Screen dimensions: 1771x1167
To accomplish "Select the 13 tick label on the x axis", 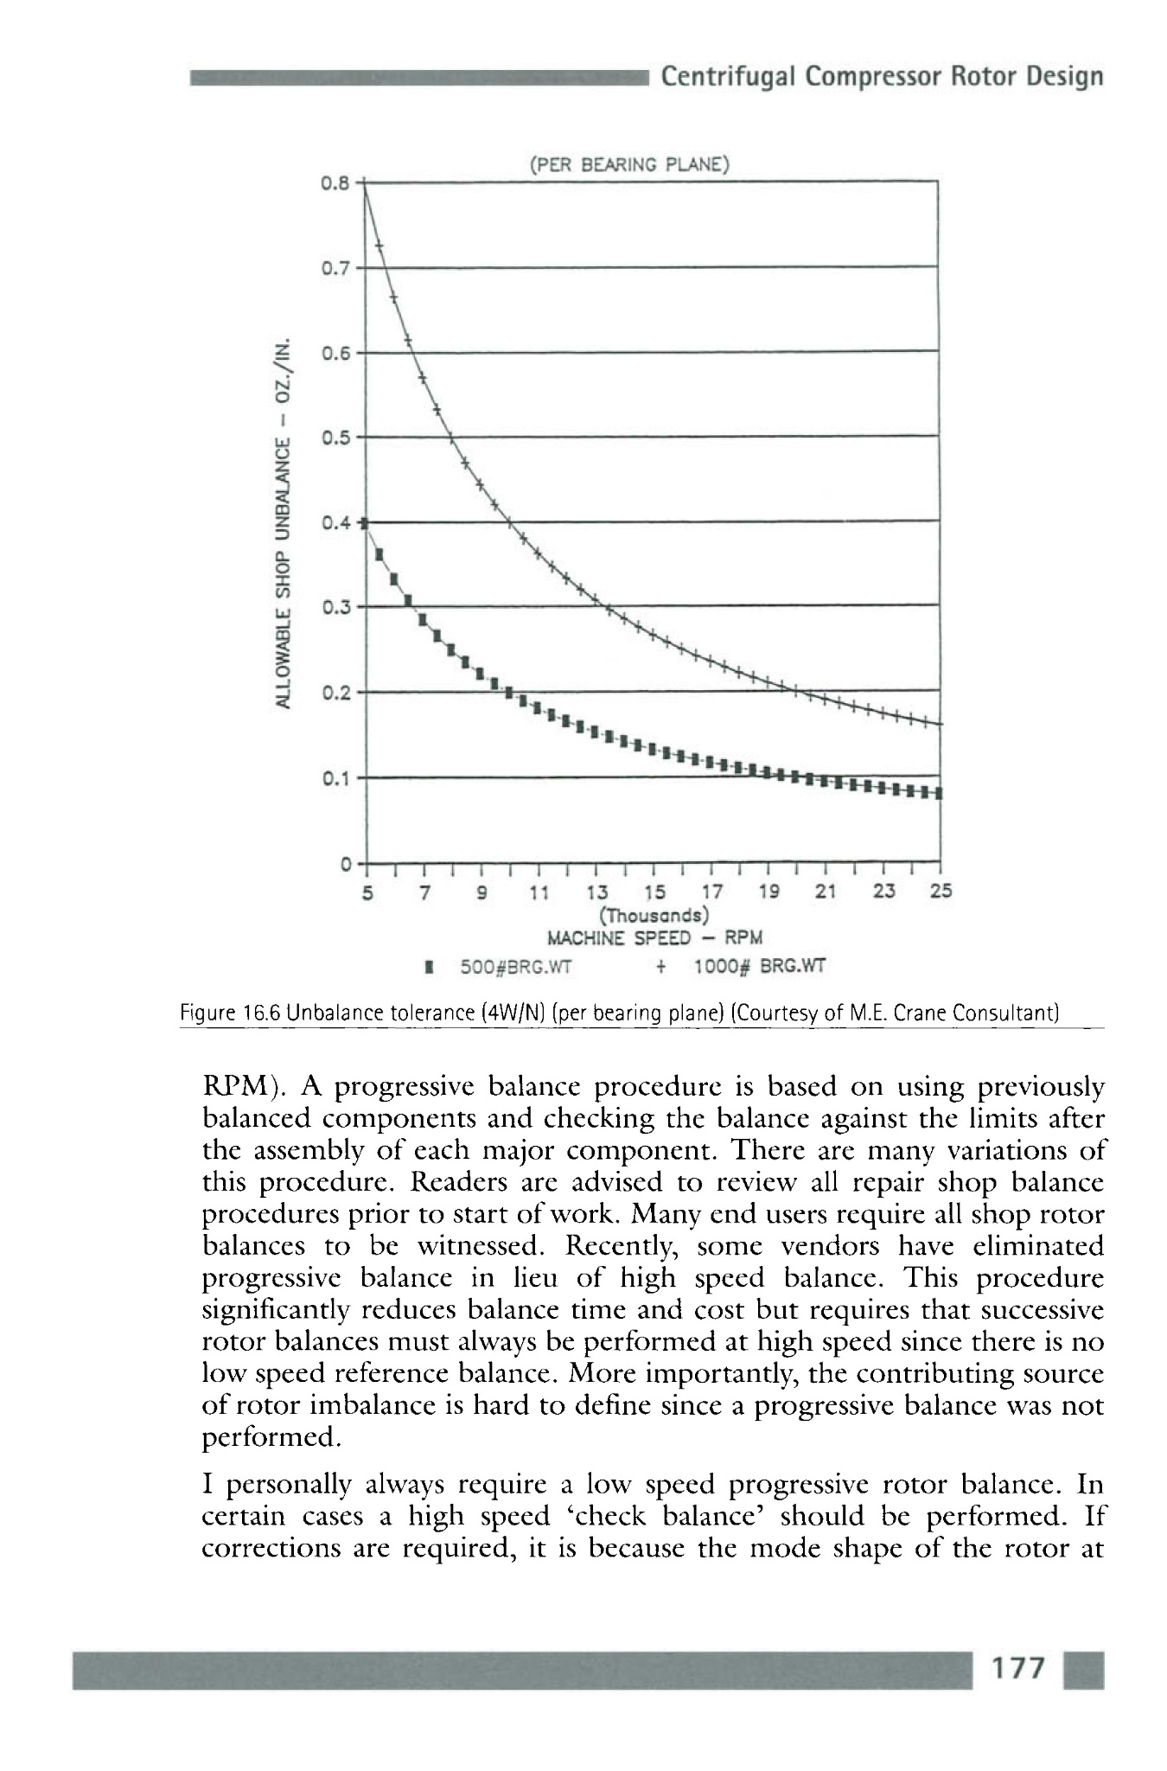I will click(x=596, y=892).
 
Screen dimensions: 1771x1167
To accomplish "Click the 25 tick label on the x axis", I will click(x=940, y=892).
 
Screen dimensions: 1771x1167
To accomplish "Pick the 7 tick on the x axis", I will click(x=424, y=892).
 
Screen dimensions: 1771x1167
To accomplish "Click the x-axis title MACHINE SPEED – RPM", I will click(x=654, y=939).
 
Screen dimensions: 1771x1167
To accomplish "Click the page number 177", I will click(x=1019, y=1669).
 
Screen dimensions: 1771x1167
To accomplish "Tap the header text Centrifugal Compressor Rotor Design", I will click(x=882, y=77).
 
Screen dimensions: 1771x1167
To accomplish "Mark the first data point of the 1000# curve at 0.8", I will click(x=366, y=183).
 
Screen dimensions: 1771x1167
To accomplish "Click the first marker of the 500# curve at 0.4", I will click(x=365, y=523).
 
